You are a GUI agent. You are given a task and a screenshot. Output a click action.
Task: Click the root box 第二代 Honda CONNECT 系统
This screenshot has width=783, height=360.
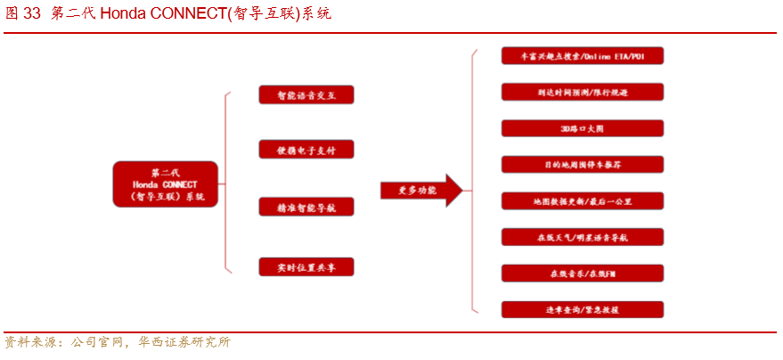coord(166,184)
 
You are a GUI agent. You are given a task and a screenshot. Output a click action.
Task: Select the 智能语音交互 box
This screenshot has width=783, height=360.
coord(306,94)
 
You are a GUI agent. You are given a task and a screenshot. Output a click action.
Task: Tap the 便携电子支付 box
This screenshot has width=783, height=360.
coord(306,150)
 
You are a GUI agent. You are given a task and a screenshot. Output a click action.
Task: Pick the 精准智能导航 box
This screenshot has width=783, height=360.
coord(306,207)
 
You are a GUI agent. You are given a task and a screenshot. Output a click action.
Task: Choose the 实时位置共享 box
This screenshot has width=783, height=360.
coord(306,266)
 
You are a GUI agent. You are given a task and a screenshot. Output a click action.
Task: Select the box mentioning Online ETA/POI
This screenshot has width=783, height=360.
coord(582,55)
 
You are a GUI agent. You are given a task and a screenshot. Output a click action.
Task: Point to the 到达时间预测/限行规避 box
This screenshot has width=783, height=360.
coord(582,91)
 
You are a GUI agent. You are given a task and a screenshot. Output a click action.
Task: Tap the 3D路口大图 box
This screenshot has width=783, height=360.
coord(582,128)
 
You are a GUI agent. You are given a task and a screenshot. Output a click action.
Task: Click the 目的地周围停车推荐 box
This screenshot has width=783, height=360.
coord(582,165)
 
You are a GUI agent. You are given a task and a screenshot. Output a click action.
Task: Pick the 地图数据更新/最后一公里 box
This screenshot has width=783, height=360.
coord(582,201)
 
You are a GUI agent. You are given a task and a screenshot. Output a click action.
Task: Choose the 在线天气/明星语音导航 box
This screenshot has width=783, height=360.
coord(582,237)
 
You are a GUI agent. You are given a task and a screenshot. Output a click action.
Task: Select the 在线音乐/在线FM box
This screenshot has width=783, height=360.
coord(582,274)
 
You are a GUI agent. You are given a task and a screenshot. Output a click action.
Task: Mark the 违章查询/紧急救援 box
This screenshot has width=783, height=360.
coord(582,309)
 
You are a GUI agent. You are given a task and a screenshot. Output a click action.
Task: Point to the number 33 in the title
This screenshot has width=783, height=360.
coord(32,14)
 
